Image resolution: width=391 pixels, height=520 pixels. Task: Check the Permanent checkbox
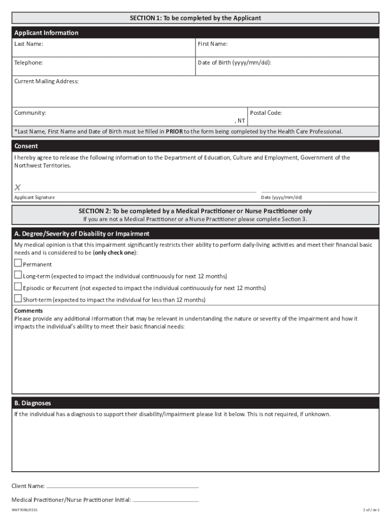[18, 264]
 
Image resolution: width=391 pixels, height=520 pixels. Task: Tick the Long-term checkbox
[18, 275]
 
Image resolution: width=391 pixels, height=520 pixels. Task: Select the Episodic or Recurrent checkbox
[18, 287]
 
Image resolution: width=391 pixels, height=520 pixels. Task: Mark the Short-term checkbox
[18, 299]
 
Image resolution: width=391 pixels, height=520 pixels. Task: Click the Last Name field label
[28, 44]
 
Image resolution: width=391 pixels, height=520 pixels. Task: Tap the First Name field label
[212, 44]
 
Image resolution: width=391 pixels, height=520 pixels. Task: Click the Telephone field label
[28, 63]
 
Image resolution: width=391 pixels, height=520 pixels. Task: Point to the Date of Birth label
[234, 63]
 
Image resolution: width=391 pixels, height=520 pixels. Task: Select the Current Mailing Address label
[46, 81]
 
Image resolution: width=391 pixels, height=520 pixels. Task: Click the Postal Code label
[266, 113]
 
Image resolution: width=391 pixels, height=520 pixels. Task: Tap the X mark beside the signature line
[18, 187]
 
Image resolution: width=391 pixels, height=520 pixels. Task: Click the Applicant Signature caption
[35, 198]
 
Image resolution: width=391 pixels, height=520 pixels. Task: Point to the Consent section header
[26, 146]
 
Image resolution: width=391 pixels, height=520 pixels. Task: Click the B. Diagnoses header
[32, 403]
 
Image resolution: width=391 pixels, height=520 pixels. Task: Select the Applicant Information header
[46, 33]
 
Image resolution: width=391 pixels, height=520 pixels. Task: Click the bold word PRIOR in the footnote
[174, 132]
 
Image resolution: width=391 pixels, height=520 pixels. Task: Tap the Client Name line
[122, 486]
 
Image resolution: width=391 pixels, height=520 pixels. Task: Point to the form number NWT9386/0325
[25, 510]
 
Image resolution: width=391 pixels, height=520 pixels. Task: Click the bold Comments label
[28, 311]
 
